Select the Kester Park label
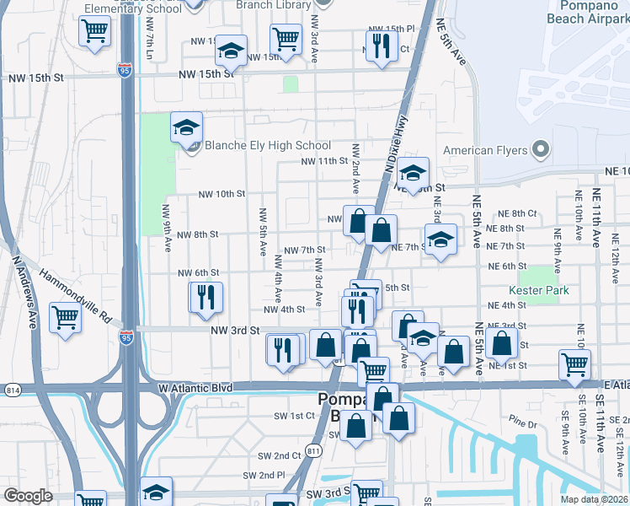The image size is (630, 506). (x=544, y=291)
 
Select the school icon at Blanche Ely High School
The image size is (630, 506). (x=186, y=128)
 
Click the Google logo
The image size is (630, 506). (x=29, y=496)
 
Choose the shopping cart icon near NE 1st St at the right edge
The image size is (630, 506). (x=574, y=364)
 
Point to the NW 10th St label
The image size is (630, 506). (x=222, y=194)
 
